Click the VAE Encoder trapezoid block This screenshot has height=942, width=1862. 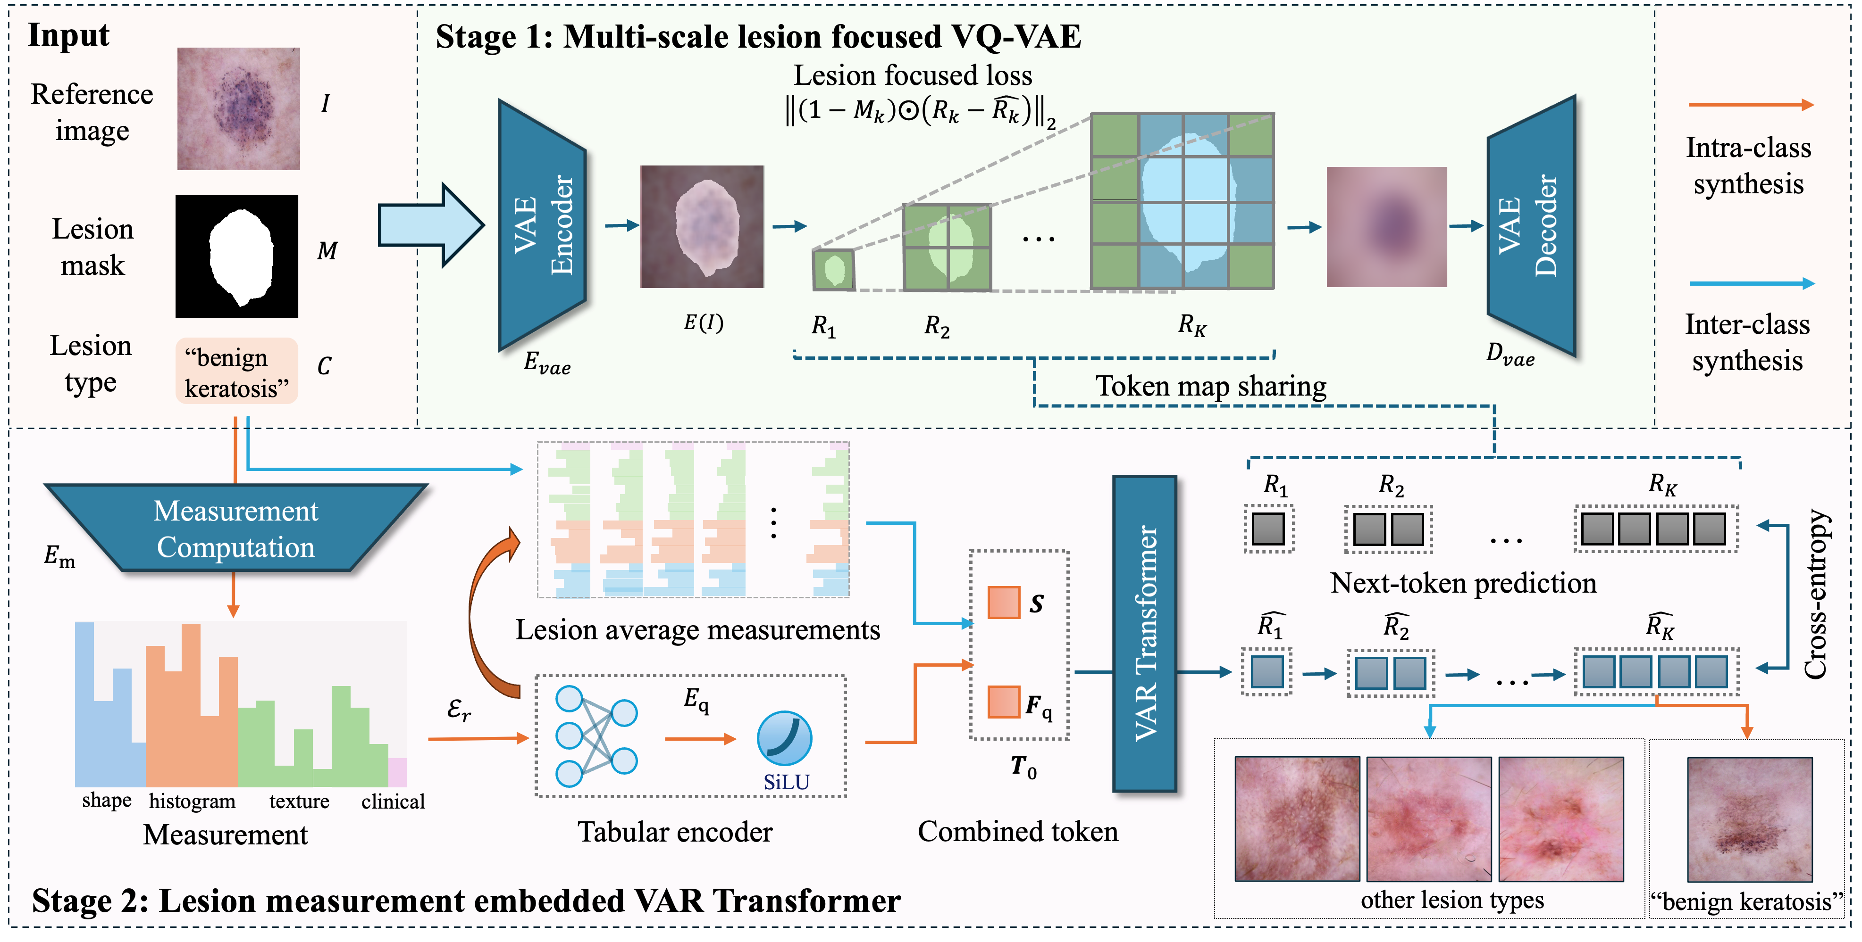(542, 225)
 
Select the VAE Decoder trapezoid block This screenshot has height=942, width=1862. (1531, 225)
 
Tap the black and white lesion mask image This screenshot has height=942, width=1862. (237, 256)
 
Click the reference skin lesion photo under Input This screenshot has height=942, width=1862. (239, 109)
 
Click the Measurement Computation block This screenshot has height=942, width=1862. (235, 529)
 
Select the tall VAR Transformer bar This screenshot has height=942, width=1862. (1145, 633)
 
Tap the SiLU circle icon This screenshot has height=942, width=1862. (784, 738)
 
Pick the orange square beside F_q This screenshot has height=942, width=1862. (1003, 702)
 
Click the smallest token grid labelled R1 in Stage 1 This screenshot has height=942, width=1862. (833, 270)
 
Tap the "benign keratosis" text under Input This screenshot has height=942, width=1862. (235, 373)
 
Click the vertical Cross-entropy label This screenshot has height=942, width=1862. (1816, 594)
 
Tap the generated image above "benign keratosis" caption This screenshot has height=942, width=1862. (1749, 819)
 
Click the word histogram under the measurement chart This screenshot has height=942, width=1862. (192, 801)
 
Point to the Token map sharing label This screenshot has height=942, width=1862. (1211, 387)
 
